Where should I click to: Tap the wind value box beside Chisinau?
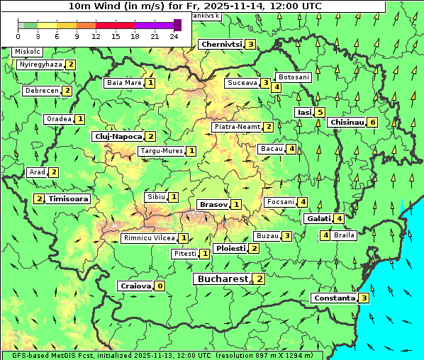[373, 122]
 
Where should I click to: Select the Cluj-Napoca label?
[118, 136]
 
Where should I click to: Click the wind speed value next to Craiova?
[160, 286]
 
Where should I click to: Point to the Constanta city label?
[334, 298]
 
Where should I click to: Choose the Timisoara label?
[69, 199]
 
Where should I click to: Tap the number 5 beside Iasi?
[320, 112]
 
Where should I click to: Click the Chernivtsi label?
[222, 44]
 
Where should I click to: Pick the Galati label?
[318, 218]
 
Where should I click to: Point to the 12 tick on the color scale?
[96, 35]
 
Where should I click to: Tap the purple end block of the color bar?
[177, 25]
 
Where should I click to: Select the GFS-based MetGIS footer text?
[162, 355]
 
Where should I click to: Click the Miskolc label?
[28, 52]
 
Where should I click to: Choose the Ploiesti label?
[230, 249]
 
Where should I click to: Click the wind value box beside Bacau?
[291, 149]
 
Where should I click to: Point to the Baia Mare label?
[124, 83]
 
